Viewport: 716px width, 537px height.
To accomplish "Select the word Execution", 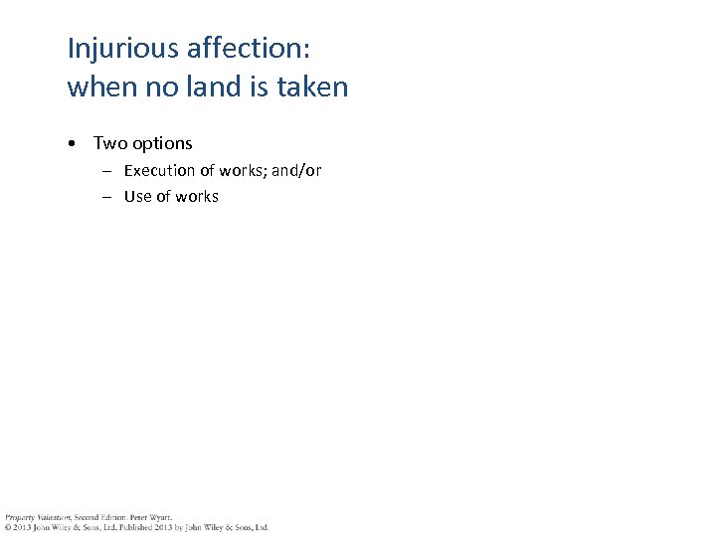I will point(160,171).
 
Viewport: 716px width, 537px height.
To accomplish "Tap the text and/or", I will point(296,171).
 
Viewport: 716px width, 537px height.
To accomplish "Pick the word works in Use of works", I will point(197,197).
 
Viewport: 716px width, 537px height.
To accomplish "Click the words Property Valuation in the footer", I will point(35,517).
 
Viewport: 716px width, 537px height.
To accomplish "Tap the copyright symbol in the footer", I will point(6,527).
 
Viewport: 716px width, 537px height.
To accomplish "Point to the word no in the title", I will point(171,88).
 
